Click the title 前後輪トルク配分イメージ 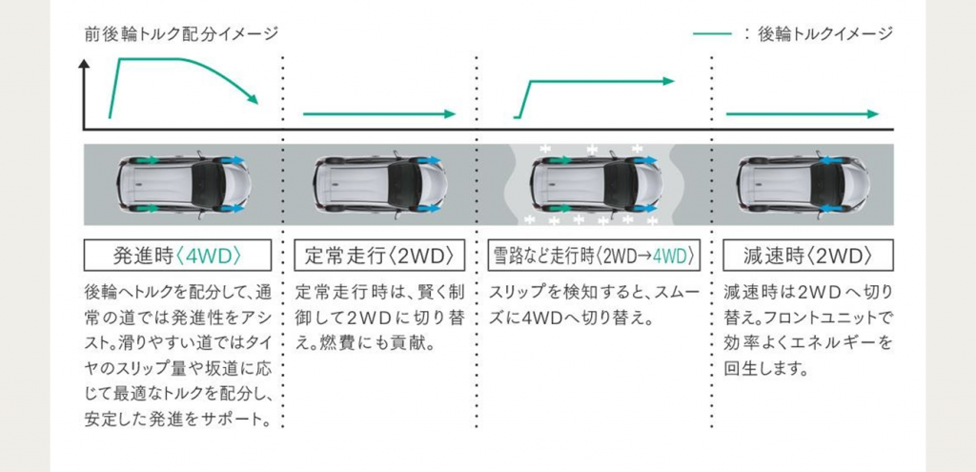tap(180, 34)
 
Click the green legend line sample tap(712, 34)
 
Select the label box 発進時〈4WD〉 tap(178, 256)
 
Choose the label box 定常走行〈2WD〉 tap(377, 256)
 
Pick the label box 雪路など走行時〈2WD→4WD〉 tap(593, 256)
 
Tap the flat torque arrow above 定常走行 tap(379, 114)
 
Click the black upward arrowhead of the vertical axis tap(85, 64)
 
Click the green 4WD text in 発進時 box tap(207, 256)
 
